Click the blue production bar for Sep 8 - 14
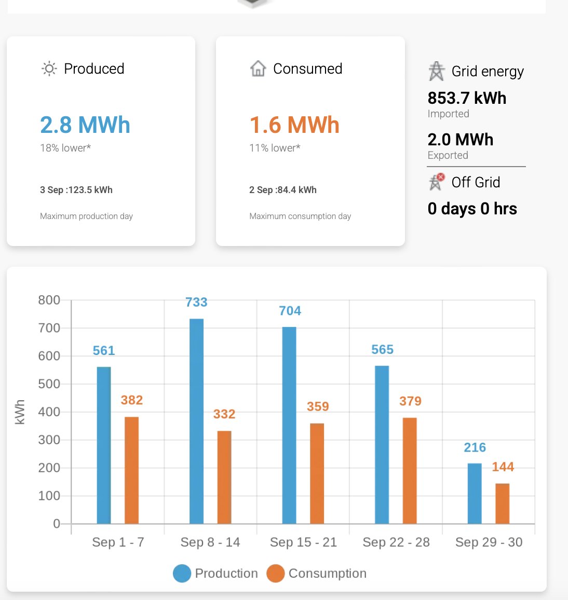click(x=196, y=421)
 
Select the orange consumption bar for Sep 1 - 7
click(x=131, y=470)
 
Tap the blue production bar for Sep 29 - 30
click(x=475, y=493)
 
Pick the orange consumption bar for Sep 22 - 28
click(x=410, y=470)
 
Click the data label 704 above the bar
click(x=290, y=311)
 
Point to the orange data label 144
click(x=503, y=467)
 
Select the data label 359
click(x=318, y=406)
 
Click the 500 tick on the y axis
click(x=49, y=384)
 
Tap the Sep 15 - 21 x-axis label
click(x=303, y=542)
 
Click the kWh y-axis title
click(x=20, y=412)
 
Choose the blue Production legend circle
click(x=182, y=574)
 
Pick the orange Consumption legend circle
click(x=276, y=574)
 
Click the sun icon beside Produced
click(x=49, y=69)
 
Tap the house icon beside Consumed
click(x=258, y=69)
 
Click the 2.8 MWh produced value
click(x=85, y=125)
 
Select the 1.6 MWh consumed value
click(x=294, y=125)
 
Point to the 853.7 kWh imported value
click(x=467, y=98)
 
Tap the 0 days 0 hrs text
click(x=472, y=209)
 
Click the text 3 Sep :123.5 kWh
click(x=76, y=190)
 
